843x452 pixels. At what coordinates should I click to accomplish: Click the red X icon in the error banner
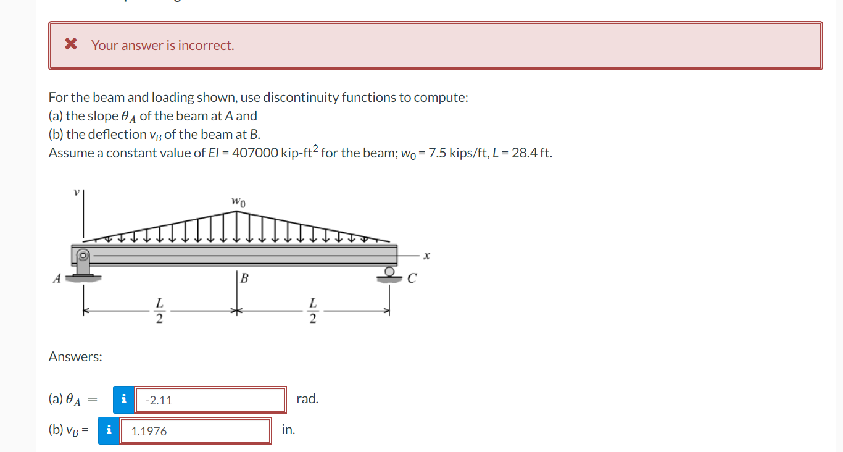click(71, 44)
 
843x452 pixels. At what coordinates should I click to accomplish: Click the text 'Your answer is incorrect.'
click(163, 45)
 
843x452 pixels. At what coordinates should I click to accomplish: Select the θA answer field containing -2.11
click(210, 400)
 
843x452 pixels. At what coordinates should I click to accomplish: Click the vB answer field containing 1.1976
click(196, 431)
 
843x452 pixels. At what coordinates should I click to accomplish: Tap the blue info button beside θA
click(123, 400)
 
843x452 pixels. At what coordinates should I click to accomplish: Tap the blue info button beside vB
click(109, 430)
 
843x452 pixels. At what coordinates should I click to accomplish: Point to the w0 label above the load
click(238, 201)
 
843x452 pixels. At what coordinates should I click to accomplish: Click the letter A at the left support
click(56, 278)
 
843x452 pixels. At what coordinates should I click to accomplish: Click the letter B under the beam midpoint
click(244, 278)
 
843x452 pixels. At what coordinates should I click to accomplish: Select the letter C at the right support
click(412, 279)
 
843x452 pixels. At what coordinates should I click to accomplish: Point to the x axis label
click(425, 254)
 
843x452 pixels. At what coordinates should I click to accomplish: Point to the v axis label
click(76, 192)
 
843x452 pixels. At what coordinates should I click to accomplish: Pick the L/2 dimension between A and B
click(159, 311)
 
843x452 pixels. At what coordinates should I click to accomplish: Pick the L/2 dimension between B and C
click(313, 311)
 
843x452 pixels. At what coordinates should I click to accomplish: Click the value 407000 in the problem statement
click(254, 153)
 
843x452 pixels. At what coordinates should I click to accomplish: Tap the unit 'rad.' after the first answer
click(307, 399)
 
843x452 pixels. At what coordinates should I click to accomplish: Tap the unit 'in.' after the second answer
click(288, 430)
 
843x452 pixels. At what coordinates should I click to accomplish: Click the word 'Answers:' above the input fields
click(75, 357)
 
